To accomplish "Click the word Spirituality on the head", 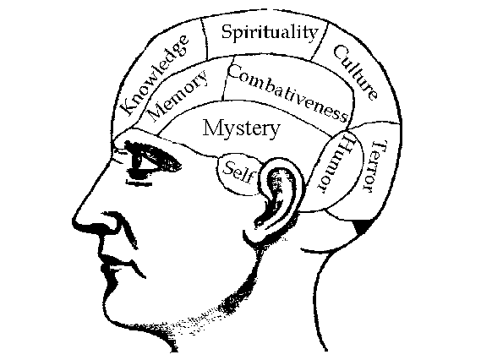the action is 270,32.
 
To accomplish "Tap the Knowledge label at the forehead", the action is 155,75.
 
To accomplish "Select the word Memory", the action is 178,95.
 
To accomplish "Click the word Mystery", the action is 242,128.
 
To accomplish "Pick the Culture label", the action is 355,73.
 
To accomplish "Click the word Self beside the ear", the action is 238,172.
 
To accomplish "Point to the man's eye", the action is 145,162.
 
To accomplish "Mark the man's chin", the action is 114,309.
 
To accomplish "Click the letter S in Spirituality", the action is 227,32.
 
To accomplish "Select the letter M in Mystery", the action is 212,128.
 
